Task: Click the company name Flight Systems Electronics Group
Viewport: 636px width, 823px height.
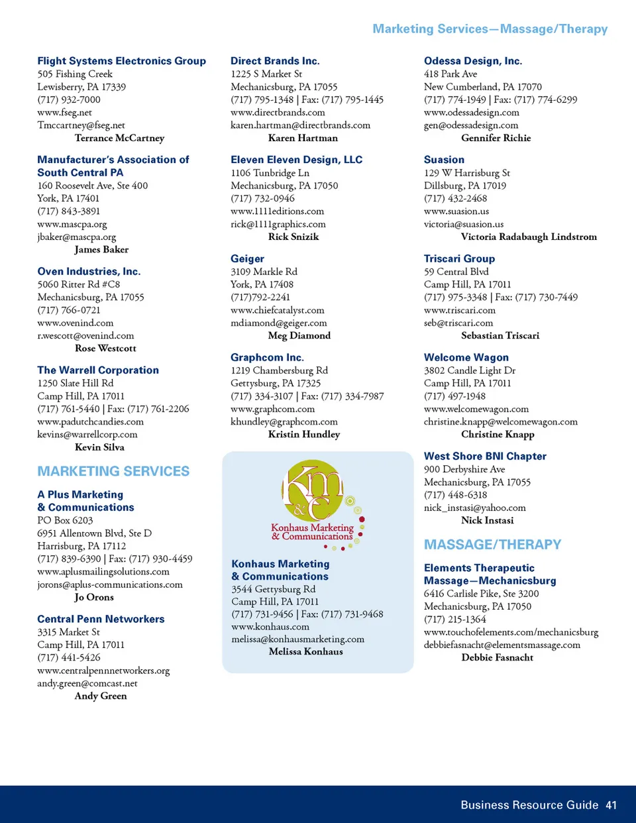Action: coord(121,61)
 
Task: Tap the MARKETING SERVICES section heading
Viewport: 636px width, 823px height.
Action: coord(113,471)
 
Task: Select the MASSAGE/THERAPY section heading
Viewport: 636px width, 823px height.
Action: coord(492,545)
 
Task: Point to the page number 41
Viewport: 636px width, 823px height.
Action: coord(611,805)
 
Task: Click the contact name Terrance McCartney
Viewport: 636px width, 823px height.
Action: coord(119,138)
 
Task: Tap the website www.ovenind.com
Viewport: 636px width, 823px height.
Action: coord(76,323)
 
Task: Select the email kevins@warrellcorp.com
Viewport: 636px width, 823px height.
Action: coord(87,435)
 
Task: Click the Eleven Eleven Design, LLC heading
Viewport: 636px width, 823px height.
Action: coord(296,160)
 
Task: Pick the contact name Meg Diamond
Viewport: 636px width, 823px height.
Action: coord(299,335)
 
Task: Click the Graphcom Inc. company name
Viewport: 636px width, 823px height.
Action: coord(267,357)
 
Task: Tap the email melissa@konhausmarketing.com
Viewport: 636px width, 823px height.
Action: coord(297,639)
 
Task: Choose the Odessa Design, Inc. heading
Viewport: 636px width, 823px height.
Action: coord(473,61)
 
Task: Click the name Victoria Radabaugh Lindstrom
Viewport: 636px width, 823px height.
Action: coord(529,237)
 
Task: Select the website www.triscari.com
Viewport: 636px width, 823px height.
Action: coord(459,310)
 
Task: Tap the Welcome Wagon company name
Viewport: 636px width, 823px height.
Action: coord(466,357)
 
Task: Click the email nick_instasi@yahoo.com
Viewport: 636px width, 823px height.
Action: coord(474,508)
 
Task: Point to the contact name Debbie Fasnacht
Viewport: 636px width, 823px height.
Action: coord(497,657)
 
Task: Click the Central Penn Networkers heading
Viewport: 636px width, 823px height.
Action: coord(101,619)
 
